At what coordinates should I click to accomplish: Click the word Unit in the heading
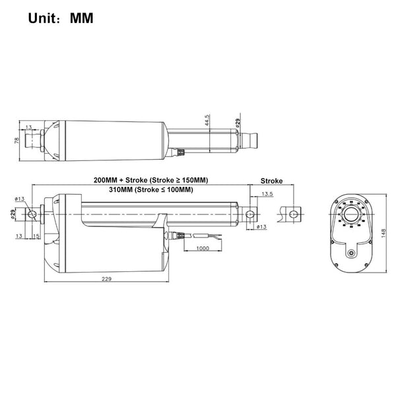click(42, 18)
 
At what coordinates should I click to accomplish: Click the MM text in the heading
click(81, 18)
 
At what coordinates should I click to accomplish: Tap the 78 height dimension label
click(16, 141)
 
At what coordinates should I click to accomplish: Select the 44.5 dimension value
click(207, 121)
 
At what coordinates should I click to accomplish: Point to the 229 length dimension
click(106, 279)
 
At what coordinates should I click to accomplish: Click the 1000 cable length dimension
click(203, 248)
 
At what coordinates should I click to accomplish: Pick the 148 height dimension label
click(383, 233)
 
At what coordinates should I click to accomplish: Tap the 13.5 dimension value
click(267, 194)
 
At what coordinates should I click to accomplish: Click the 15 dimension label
click(36, 236)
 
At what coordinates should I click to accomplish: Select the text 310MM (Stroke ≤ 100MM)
click(151, 189)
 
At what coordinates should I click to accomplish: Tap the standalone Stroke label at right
click(271, 181)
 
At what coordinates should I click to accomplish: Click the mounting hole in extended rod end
click(293, 214)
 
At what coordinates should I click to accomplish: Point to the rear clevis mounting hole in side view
click(32, 214)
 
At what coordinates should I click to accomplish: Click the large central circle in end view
click(351, 214)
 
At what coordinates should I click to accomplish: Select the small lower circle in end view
click(351, 253)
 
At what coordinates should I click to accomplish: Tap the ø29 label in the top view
click(238, 123)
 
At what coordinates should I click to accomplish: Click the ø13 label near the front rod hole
click(261, 226)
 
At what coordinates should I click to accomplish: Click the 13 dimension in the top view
click(29, 127)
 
